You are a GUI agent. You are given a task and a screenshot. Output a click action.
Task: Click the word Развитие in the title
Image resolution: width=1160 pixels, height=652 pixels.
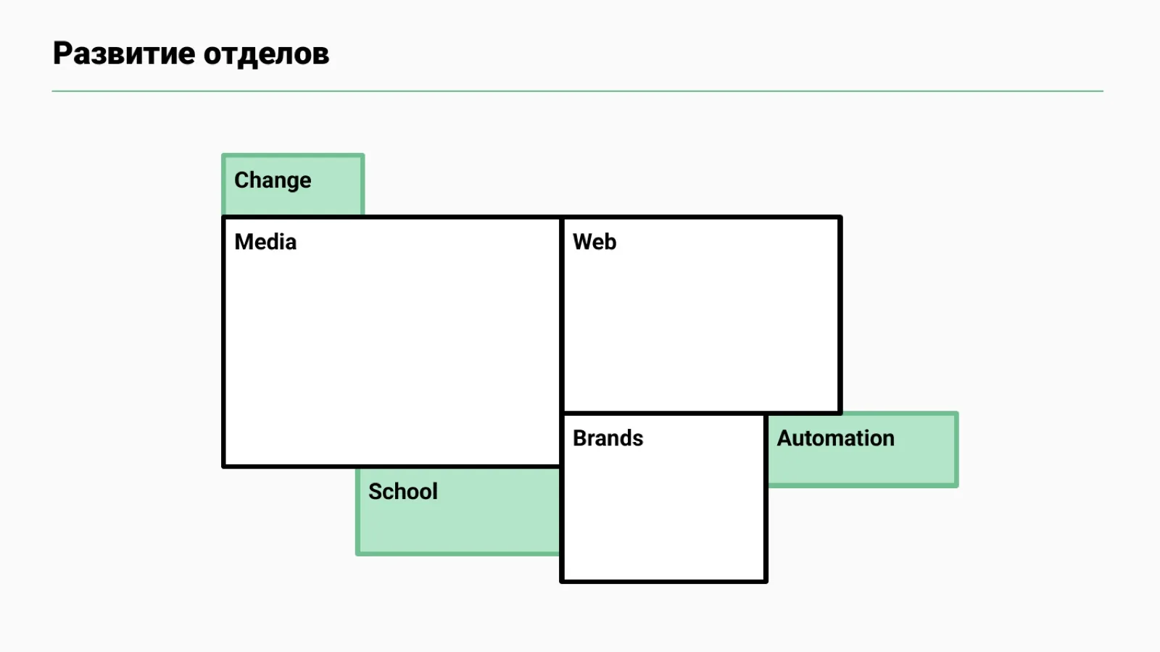point(124,54)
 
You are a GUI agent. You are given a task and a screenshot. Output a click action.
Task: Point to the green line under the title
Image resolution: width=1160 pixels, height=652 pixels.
point(577,91)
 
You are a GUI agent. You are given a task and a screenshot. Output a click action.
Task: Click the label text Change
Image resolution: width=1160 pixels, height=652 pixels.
point(273,180)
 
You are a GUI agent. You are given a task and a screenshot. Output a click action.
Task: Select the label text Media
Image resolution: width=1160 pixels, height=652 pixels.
point(265,242)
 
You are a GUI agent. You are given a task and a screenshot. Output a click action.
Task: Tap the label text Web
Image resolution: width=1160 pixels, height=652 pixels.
point(594,242)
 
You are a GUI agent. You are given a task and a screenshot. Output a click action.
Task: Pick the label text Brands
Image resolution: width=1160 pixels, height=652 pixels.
point(608,438)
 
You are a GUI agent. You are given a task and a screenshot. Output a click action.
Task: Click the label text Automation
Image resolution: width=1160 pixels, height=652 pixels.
point(835,438)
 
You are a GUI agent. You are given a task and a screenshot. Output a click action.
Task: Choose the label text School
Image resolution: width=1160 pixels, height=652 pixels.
point(403,492)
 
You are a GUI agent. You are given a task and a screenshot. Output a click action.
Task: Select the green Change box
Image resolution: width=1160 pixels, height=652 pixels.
point(293,184)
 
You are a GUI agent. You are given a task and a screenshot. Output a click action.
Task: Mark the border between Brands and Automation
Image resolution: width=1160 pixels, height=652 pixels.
point(766,450)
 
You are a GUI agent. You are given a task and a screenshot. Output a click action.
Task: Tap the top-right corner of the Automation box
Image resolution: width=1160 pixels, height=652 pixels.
point(958,412)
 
